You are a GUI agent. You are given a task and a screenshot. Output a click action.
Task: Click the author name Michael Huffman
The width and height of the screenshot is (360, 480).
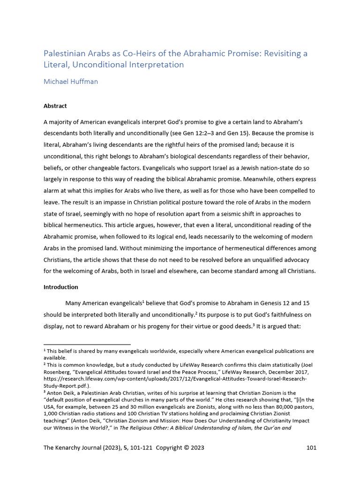coord(70,82)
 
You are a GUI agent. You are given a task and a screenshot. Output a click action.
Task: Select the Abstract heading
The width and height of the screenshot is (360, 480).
coord(55,106)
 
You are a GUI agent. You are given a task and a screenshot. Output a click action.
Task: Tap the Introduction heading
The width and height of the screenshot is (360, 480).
coord(61,287)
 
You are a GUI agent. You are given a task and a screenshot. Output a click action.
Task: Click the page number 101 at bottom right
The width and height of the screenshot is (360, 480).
coord(311,448)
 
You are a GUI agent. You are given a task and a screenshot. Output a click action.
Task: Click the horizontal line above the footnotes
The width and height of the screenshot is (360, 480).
coord(87,344)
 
